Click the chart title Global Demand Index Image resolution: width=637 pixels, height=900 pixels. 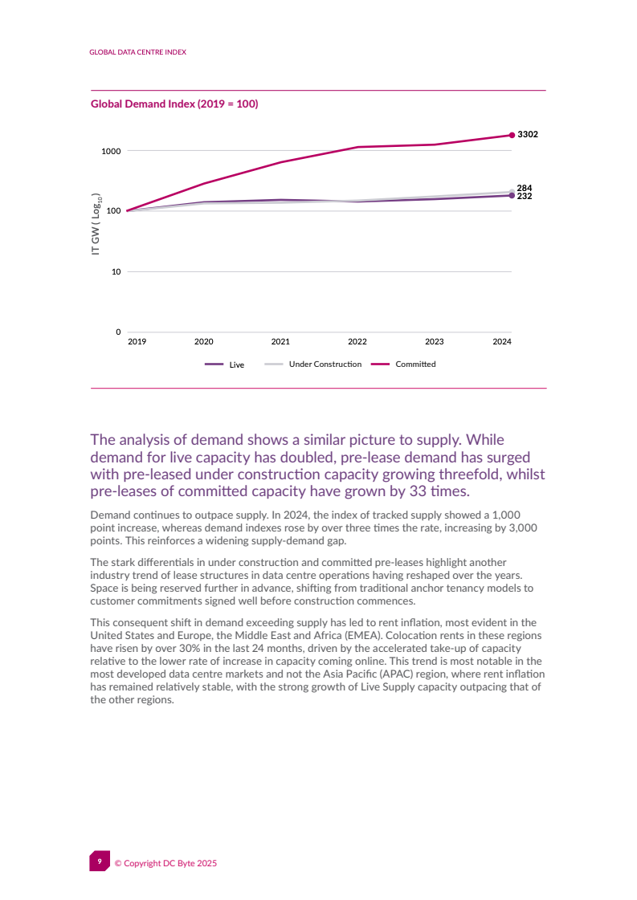[174, 104]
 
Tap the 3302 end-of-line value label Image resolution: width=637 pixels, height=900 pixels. [527, 134]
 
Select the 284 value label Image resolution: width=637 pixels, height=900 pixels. [524, 188]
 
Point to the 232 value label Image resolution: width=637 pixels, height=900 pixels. [524, 196]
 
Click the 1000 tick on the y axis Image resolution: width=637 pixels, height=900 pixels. [111, 151]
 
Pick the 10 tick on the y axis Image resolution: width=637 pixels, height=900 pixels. [116, 271]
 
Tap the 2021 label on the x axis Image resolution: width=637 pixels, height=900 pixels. [280, 341]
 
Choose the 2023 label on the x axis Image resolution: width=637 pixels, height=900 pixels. [434, 341]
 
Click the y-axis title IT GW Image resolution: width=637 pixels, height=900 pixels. [96, 224]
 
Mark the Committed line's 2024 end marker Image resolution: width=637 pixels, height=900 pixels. [512, 135]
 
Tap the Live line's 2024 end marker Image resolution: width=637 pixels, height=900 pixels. [512, 195]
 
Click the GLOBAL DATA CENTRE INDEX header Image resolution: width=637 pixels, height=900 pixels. [137, 51]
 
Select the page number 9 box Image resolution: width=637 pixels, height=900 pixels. [100, 861]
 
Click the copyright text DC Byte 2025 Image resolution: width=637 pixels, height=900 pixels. [165, 863]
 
